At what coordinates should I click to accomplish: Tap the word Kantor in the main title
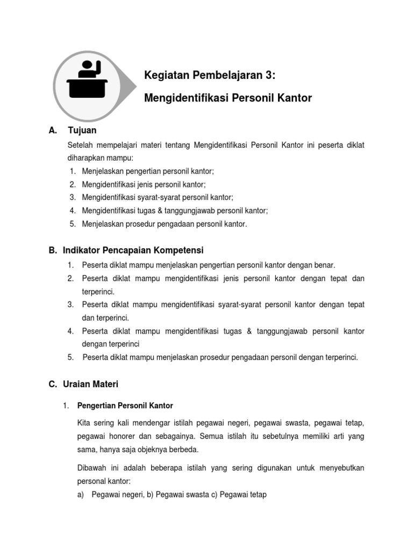coord(295,98)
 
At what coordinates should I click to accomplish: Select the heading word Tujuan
coord(82,131)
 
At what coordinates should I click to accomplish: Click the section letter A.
coord(52,131)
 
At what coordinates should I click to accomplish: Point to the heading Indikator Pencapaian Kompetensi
coord(133,250)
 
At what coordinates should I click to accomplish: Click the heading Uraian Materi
coord(90,385)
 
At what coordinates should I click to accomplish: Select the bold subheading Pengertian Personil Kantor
coord(125,406)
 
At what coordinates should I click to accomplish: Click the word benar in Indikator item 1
coord(324,265)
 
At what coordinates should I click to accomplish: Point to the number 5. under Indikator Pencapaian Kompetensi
coord(70,357)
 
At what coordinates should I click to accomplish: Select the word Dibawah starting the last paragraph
coord(92,468)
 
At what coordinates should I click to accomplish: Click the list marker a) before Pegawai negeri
coord(81,495)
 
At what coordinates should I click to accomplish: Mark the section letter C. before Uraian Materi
coord(53,385)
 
